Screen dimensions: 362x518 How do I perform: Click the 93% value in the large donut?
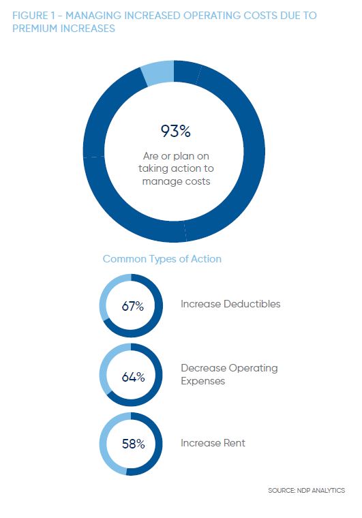(x=175, y=131)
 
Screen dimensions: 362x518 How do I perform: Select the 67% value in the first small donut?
(x=132, y=306)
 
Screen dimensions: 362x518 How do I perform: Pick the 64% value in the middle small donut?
(x=133, y=377)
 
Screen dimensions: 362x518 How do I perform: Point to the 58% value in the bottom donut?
(x=133, y=444)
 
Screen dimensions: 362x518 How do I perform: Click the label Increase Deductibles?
(x=230, y=303)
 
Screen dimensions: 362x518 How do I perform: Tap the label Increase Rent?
(x=213, y=442)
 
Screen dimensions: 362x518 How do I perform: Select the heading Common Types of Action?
(x=162, y=259)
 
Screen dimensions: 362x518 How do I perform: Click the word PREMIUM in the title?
(x=31, y=29)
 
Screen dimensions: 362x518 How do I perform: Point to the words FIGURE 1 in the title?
(x=33, y=16)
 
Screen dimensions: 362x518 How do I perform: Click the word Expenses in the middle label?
(x=202, y=381)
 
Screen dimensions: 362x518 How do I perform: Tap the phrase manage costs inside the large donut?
(x=176, y=181)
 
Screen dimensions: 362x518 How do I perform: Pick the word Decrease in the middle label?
(x=203, y=368)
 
